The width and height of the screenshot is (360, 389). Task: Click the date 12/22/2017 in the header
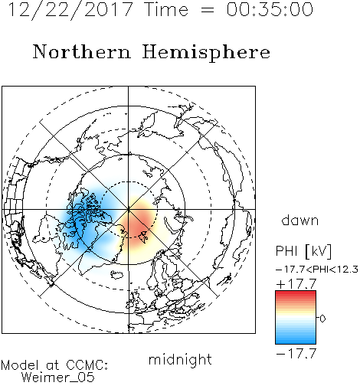click(x=70, y=10)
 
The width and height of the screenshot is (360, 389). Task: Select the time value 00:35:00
click(x=270, y=9)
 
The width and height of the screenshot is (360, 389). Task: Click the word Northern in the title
click(x=82, y=52)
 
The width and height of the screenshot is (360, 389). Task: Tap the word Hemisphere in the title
click(x=206, y=53)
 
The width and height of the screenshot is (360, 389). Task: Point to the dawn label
click(x=300, y=221)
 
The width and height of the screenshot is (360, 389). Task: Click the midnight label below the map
click(x=180, y=360)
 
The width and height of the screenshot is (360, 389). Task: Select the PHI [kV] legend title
click(x=304, y=251)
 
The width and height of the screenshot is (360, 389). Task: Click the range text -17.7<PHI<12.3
click(x=317, y=270)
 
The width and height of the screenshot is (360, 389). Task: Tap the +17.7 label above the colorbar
click(x=296, y=283)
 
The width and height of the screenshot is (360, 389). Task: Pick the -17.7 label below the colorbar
click(x=296, y=354)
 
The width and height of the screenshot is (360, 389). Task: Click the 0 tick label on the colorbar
click(x=322, y=319)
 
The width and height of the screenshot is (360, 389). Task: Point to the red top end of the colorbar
click(x=296, y=293)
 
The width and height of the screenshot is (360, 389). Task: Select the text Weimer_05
click(x=58, y=378)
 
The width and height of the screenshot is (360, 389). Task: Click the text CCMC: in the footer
click(x=87, y=365)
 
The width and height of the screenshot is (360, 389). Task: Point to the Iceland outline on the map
click(x=116, y=275)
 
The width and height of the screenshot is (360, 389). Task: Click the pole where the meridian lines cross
click(x=129, y=209)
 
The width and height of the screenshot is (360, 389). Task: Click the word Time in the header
click(x=166, y=9)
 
